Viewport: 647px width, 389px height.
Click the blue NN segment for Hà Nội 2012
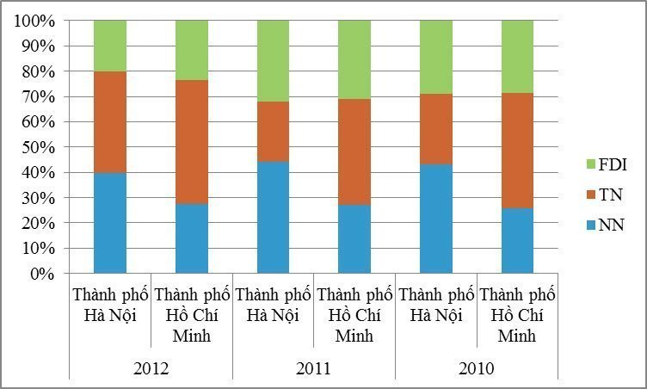pos(110,223)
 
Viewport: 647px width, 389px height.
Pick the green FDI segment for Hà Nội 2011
pos(273,61)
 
